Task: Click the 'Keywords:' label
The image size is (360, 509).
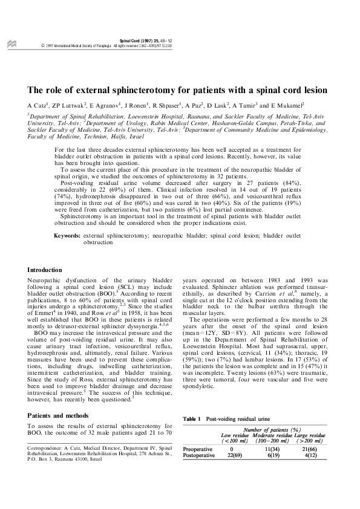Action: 67,235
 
